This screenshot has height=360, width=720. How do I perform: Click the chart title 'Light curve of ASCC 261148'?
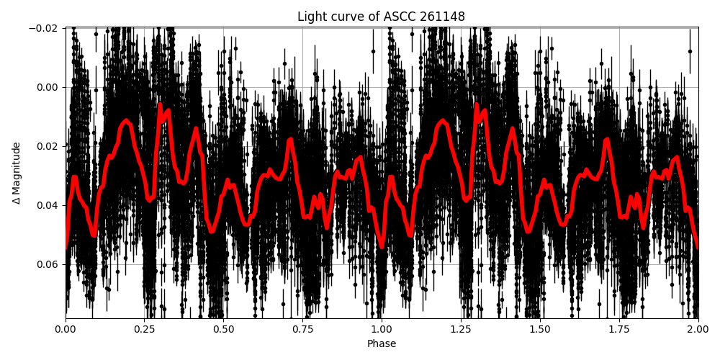(382, 17)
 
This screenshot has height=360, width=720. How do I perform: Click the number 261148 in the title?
(442, 17)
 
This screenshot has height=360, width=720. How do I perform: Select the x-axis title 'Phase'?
(382, 344)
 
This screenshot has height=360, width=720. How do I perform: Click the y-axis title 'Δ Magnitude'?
(17, 173)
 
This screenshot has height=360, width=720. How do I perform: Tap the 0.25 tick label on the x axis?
(145, 330)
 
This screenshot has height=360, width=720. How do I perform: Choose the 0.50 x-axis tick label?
(224, 330)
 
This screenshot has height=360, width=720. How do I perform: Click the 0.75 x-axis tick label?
(302, 330)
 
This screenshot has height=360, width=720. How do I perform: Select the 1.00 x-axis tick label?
(382, 330)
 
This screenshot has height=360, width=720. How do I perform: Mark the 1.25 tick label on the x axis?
(461, 330)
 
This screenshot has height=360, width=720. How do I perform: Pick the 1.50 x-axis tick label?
(540, 330)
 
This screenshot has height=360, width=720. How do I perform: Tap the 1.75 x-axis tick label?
(619, 330)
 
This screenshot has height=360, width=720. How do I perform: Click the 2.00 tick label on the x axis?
(698, 330)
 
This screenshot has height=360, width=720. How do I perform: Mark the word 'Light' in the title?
(311, 17)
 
